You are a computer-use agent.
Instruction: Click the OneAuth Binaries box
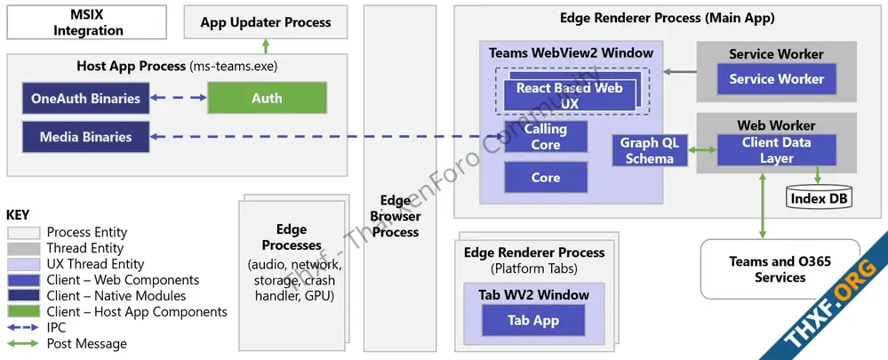pyautogui.click(x=85, y=99)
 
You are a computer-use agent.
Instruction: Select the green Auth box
pyautogui.click(x=267, y=99)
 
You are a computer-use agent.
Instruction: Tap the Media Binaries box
pyautogui.click(x=85, y=137)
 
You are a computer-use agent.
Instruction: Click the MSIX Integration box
pyautogui.click(x=88, y=22)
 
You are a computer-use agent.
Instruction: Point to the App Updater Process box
pyautogui.click(x=265, y=22)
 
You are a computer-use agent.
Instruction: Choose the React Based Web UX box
pyautogui.click(x=570, y=95)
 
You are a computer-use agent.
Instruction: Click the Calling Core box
pyautogui.click(x=546, y=138)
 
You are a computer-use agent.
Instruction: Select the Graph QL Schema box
pyautogui.click(x=650, y=151)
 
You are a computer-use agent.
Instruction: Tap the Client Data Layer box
pyautogui.click(x=776, y=150)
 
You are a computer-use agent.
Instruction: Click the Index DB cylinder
pyautogui.click(x=820, y=198)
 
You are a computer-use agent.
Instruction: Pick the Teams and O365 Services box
pyautogui.click(x=780, y=268)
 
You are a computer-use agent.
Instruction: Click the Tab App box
pyautogui.click(x=533, y=320)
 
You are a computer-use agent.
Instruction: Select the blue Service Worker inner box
pyautogui.click(x=776, y=79)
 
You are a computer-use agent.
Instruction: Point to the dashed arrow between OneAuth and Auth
pyautogui.click(x=178, y=99)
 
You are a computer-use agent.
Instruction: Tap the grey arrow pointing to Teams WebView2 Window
pyautogui.click(x=679, y=71)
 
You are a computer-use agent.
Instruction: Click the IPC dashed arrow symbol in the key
pyautogui.click(x=23, y=327)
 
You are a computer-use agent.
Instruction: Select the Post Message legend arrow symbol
pyautogui.click(x=23, y=343)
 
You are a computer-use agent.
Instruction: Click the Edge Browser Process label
pyautogui.click(x=396, y=216)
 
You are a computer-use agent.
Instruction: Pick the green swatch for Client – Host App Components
pyautogui.click(x=23, y=312)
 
